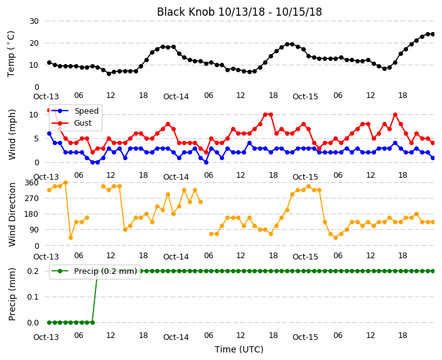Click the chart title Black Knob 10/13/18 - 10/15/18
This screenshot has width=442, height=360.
(239, 12)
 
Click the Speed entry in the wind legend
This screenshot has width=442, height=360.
(86, 111)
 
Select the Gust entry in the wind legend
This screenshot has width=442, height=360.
(83, 123)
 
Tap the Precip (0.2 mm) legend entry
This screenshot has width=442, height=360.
(105, 271)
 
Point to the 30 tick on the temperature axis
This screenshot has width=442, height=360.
(34, 21)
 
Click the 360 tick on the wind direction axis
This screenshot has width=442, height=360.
(31, 183)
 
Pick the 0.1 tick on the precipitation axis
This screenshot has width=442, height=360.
(33, 297)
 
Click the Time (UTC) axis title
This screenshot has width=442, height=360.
(239, 349)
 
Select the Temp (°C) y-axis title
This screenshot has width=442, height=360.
(11, 54)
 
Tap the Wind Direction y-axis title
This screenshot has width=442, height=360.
(12, 214)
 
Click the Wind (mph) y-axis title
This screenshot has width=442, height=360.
(12, 134)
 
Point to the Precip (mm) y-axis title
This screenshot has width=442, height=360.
(12, 294)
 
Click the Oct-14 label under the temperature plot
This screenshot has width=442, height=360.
(176, 97)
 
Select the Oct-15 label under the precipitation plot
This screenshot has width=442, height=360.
(305, 337)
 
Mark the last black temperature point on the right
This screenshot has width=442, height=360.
(433, 34)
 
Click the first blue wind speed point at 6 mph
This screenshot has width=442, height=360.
(50, 134)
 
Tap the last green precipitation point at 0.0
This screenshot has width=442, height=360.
(92, 322)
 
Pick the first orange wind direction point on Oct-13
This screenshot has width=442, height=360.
(50, 190)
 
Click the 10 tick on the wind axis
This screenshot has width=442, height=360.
(34, 114)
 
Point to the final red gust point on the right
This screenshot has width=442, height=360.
(433, 143)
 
